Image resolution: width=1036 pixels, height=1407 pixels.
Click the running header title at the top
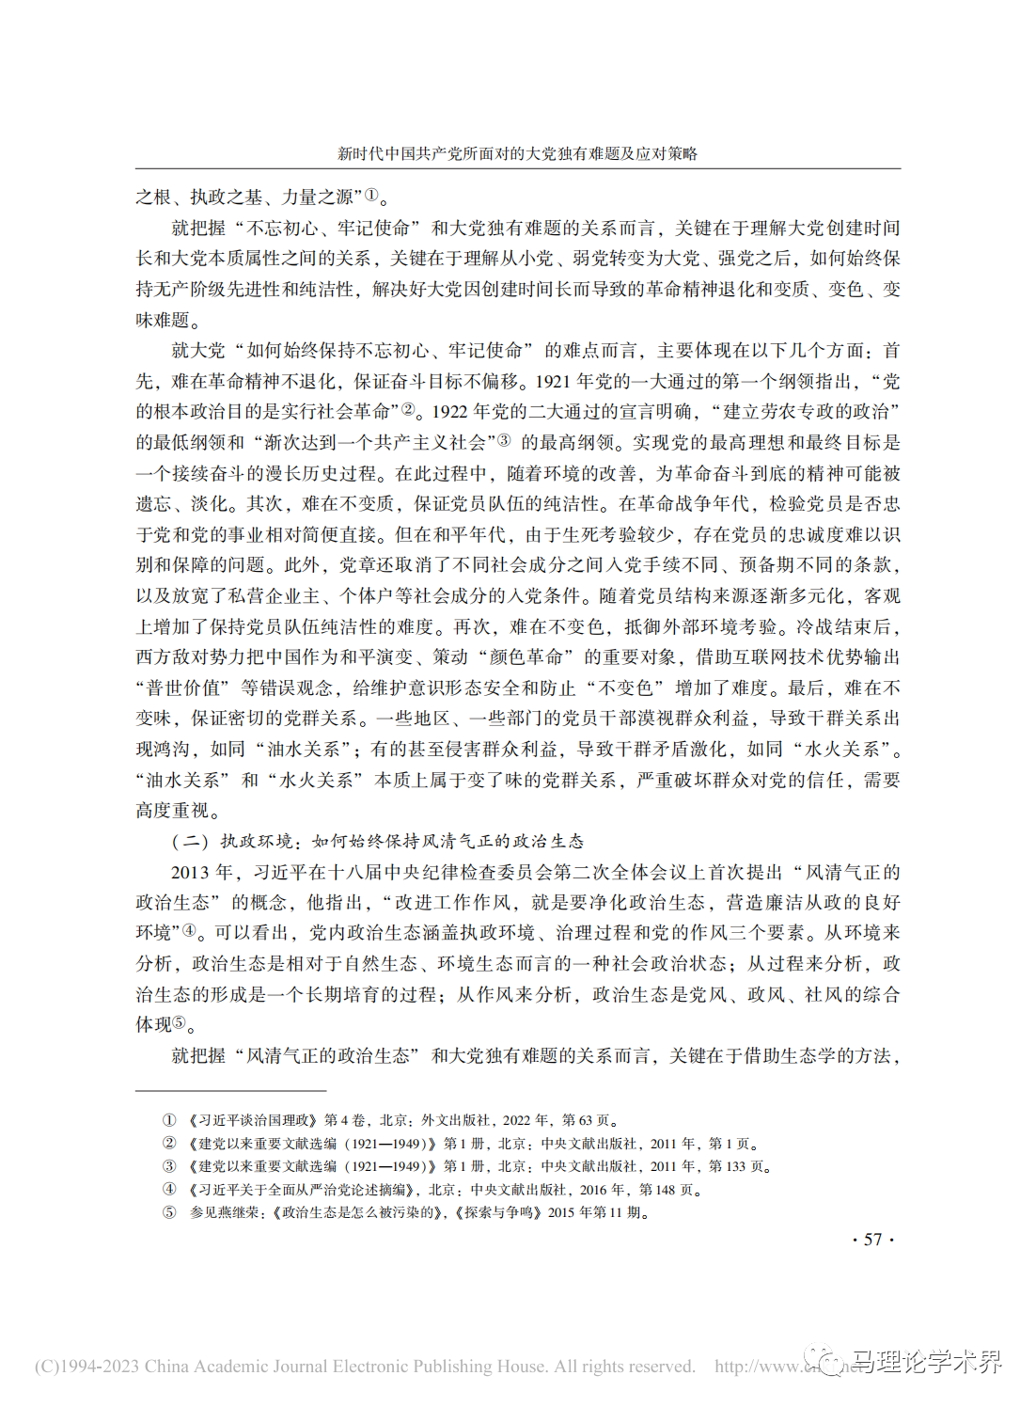pyautogui.click(x=517, y=153)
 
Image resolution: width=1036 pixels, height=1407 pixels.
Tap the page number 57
pyautogui.click(x=872, y=1240)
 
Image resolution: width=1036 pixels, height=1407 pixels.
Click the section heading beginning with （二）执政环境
pyautogui.click(x=377, y=841)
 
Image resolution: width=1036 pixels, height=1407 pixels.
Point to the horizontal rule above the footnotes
pyautogui.click(x=230, y=1091)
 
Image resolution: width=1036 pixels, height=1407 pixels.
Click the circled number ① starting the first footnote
pyautogui.click(x=169, y=1120)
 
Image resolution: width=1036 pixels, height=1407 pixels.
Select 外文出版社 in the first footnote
pyautogui.click(x=455, y=1120)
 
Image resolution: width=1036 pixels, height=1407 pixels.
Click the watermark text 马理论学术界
pyautogui.click(x=926, y=1362)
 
